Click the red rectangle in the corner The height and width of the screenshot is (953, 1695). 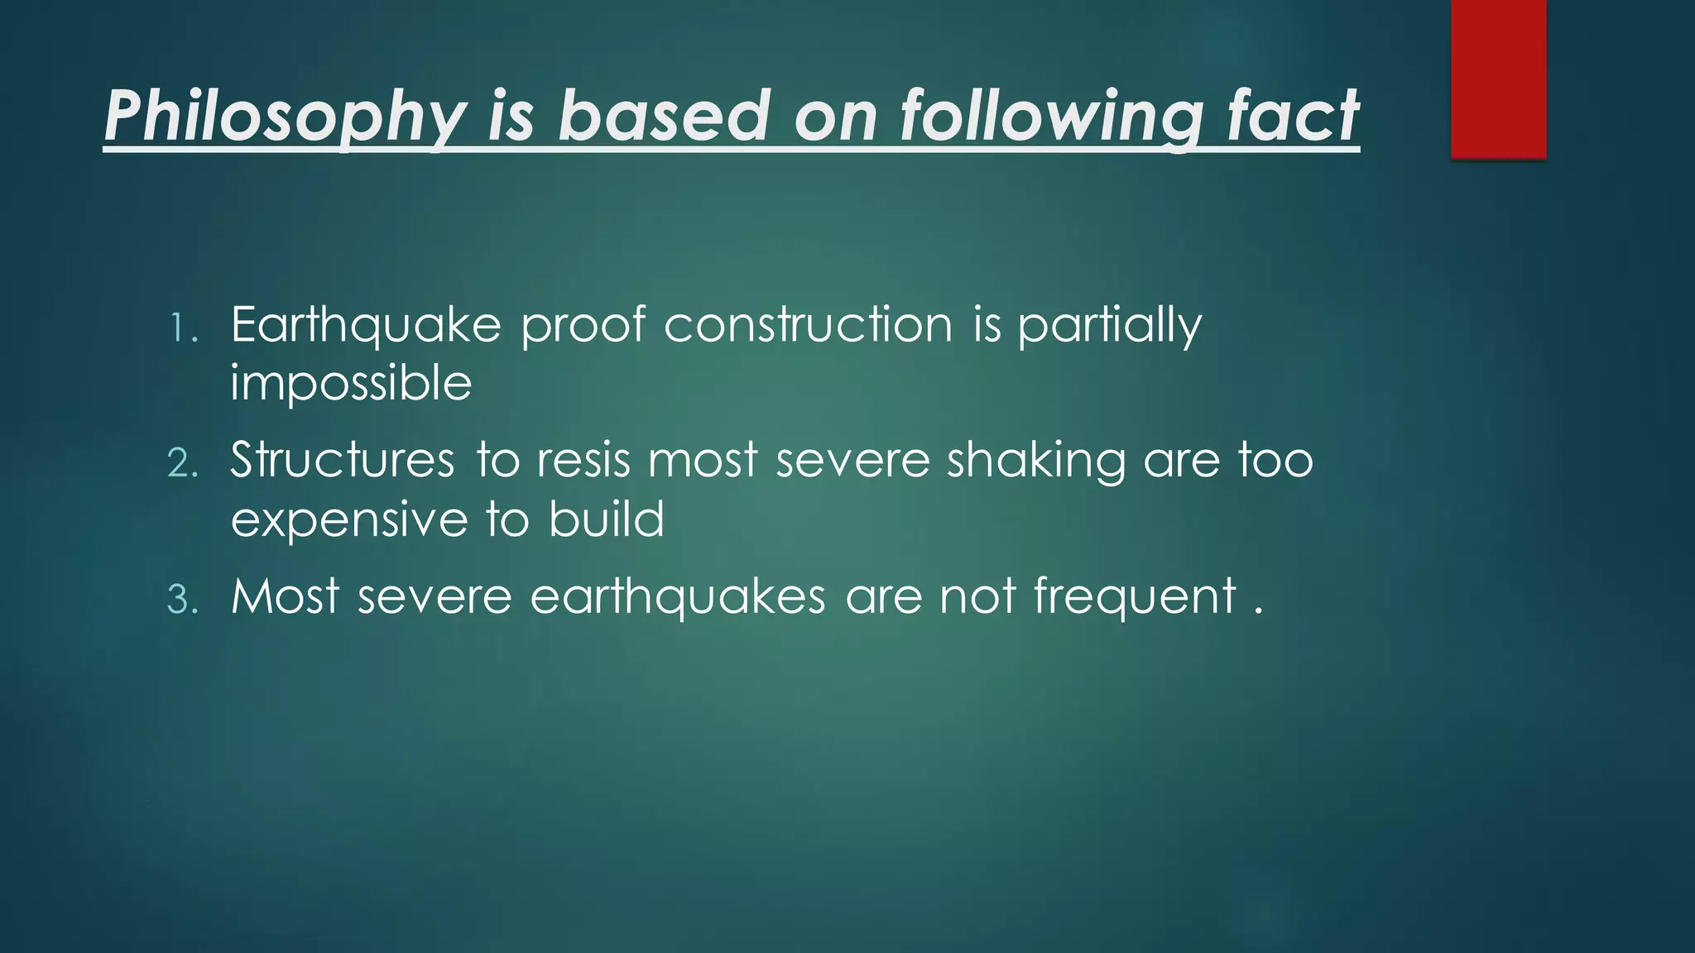click(x=1498, y=79)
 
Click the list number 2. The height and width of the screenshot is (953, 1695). click(x=183, y=463)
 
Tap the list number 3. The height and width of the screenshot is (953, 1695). click(x=183, y=599)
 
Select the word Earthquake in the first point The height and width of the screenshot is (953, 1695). click(x=366, y=324)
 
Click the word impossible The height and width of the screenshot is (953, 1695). click(x=351, y=384)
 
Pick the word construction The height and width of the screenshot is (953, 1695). click(x=808, y=324)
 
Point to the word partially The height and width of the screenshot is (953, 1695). click(x=1109, y=324)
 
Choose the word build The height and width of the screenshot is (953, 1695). click(x=606, y=520)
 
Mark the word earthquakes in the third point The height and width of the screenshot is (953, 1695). click(x=678, y=597)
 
